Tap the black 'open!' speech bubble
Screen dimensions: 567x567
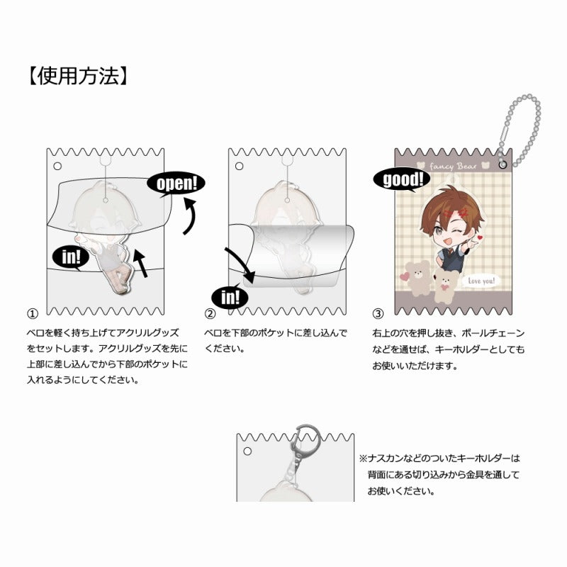pyautogui.click(x=176, y=184)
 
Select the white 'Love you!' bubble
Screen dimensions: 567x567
pyautogui.click(x=482, y=281)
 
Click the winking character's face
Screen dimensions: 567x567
pyautogui.click(x=451, y=228)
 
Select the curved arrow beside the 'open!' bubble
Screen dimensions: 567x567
pyautogui.click(x=189, y=218)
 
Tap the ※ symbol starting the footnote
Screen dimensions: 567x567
pyautogui.click(x=362, y=459)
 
